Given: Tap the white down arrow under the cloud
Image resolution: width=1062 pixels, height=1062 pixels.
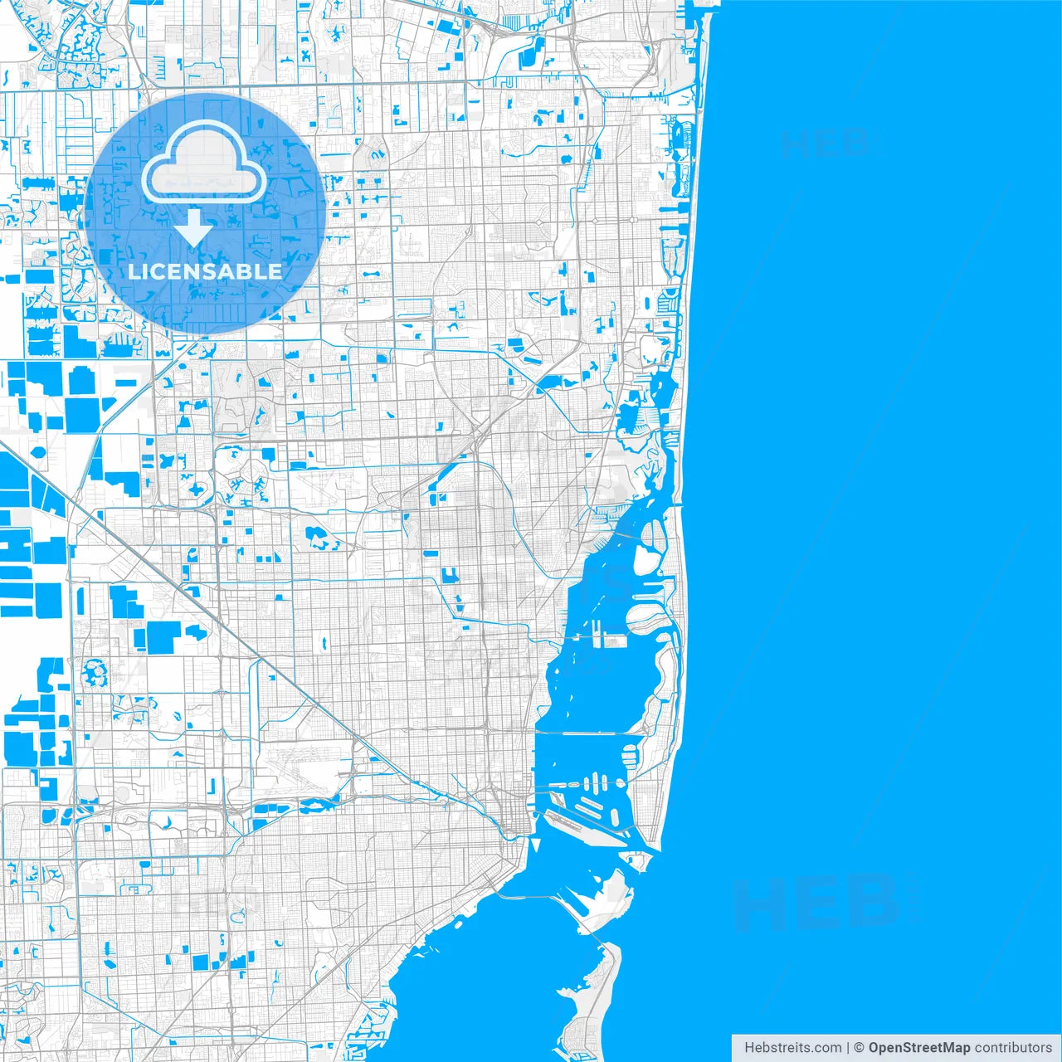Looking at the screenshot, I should (x=195, y=227).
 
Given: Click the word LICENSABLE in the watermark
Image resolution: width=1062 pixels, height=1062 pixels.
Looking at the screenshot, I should (x=205, y=271).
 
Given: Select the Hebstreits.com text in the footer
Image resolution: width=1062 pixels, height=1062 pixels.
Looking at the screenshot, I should (x=792, y=1047).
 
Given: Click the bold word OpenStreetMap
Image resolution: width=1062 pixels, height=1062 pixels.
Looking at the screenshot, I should (x=918, y=1047).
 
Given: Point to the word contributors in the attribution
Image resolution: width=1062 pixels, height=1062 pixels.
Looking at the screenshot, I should (x=1012, y=1047).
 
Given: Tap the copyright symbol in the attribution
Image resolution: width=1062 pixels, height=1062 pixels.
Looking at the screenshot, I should (x=860, y=1047).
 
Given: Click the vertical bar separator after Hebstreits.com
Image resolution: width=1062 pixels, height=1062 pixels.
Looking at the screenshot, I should (x=848, y=1047).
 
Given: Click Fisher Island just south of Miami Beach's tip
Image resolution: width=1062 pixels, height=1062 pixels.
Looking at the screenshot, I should (x=637, y=860).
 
